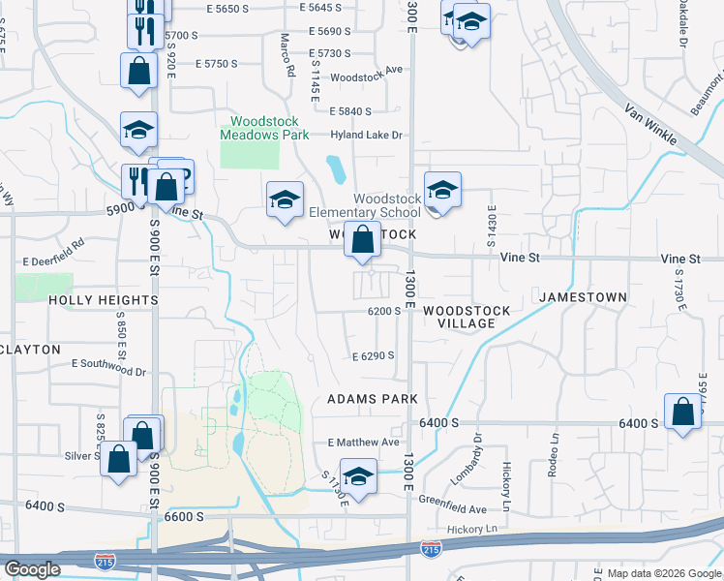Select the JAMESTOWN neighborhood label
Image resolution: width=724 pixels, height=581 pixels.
coord(584,296)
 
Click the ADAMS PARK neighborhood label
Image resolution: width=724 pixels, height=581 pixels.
coord(373,399)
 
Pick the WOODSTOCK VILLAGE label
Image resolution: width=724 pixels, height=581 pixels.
coord(467,317)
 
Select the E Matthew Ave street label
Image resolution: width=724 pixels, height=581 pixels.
coord(364,442)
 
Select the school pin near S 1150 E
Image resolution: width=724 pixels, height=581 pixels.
coord(358,476)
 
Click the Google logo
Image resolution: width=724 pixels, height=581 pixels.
coord(32,569)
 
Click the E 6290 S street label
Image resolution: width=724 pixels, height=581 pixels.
coord(373,356)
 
